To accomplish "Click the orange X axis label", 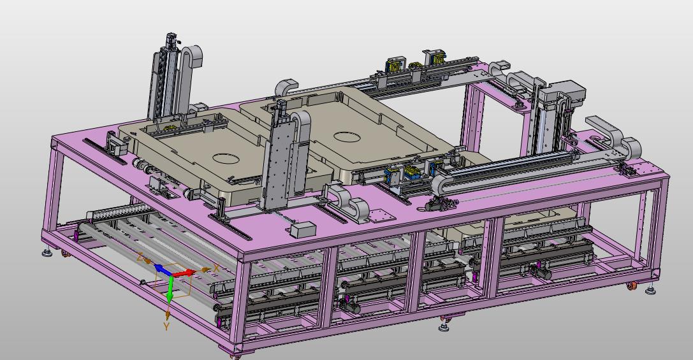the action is point(217,268).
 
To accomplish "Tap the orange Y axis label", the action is point(166,326).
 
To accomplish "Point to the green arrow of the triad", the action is point(170,289).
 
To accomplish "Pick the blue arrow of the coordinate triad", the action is point(162,270).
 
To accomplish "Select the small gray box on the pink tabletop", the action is point(303,229).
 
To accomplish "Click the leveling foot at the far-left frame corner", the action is point(47,253).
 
